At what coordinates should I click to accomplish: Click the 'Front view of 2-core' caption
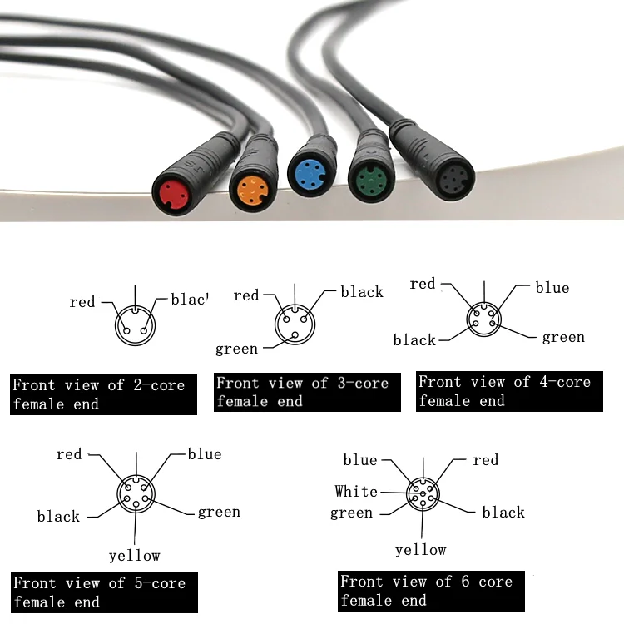point(103,394)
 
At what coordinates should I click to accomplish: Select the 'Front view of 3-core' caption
point(307,392)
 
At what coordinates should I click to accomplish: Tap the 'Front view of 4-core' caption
point(508,390)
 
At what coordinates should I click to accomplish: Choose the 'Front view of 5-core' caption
point(103,592)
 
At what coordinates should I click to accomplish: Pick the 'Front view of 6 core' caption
point(429,591)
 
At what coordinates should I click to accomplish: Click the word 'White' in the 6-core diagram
point(356,492)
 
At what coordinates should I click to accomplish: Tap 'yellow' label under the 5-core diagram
point(134,555)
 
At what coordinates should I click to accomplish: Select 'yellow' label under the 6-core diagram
point(420,550)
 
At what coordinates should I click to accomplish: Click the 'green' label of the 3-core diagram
point(236,349)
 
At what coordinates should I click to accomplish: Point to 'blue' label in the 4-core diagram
point(552,288)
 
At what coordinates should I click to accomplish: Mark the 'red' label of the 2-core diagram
point(82,302)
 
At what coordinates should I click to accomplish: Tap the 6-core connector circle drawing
point(423,496)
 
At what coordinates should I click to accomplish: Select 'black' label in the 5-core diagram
point(58,517)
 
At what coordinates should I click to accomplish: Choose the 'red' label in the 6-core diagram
point(485,460)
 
